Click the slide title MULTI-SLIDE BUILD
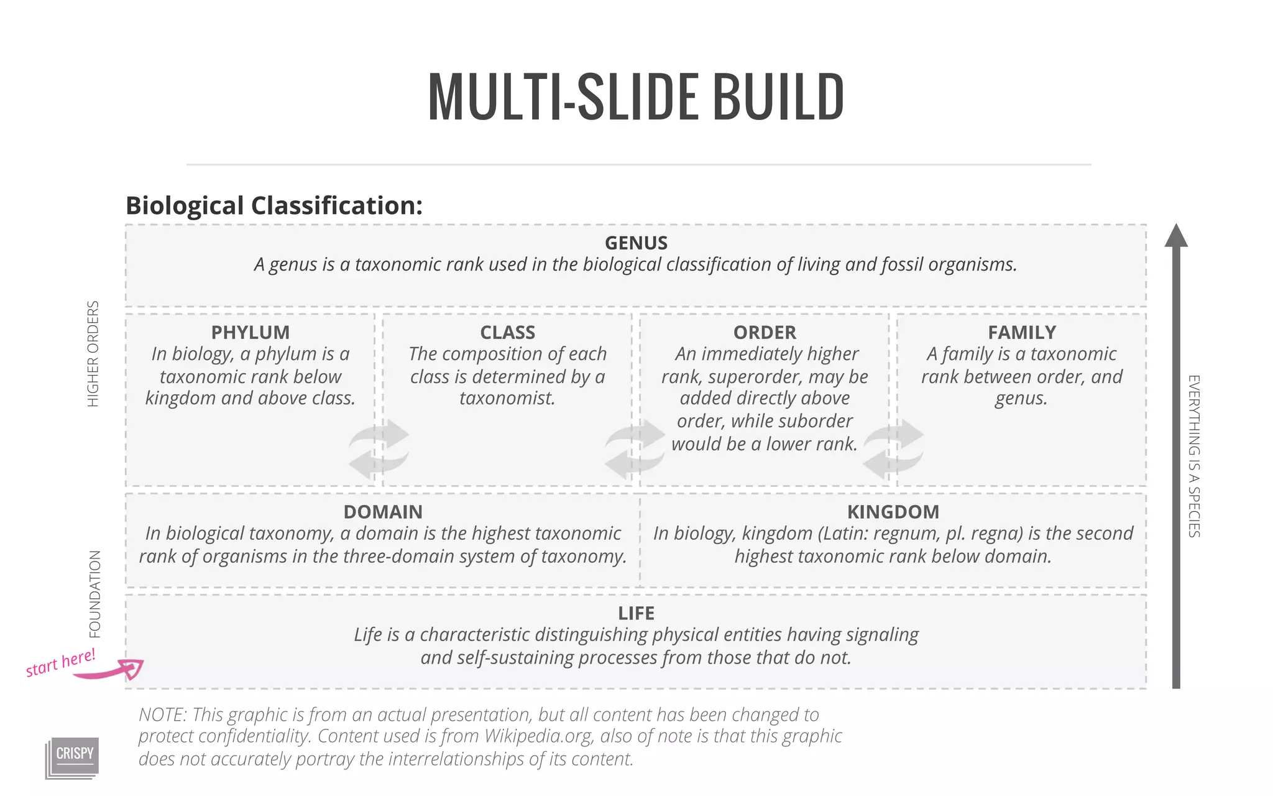pos(636,97)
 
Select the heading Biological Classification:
pos(274,206)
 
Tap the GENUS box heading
pos(636,243)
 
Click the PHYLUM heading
pos(250,332)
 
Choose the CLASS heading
pos(507,332)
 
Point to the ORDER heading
pos(765,332)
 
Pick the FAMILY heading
pos(1022,332)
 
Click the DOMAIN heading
pos(383,512)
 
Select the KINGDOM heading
pos(893,512)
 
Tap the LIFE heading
pos(636,613)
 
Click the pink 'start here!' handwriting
pos(60,662)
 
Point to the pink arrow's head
pos(133,669)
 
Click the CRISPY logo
pos(74,756)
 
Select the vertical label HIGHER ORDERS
pos(93,354)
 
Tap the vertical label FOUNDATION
pos(94,594)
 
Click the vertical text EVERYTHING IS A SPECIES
pos(1194,456)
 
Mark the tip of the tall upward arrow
pos(1175,226)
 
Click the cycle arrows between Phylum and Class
pos(379,449)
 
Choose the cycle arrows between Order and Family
pos(893,449)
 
